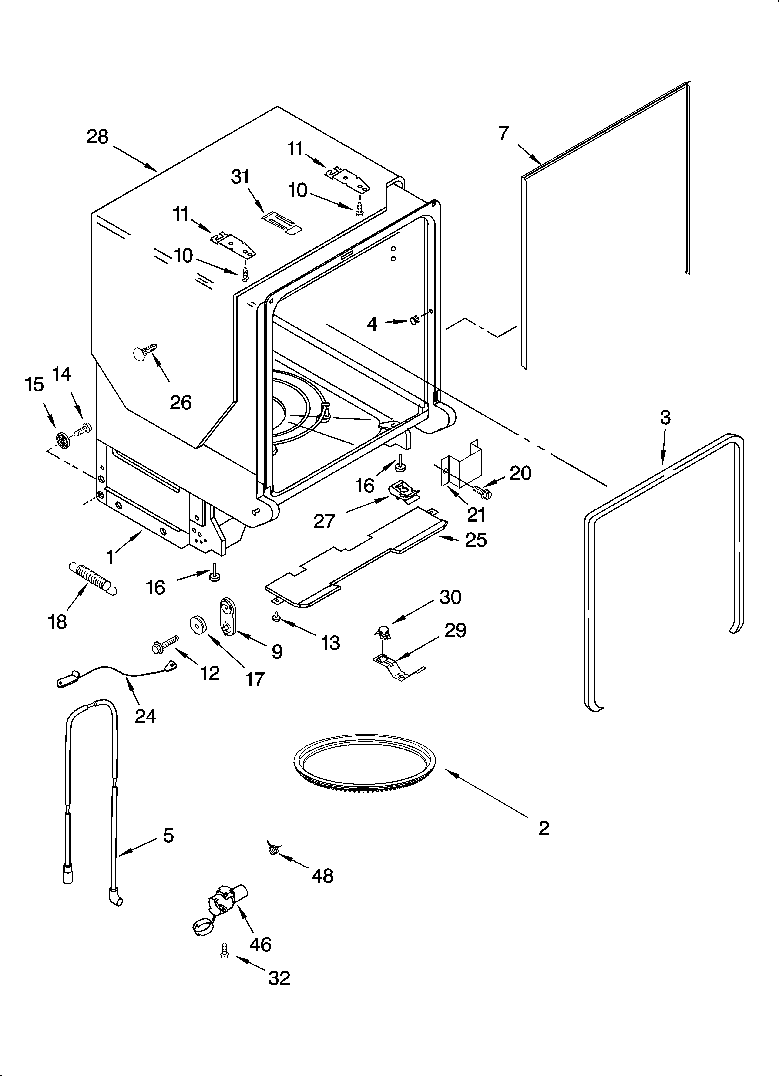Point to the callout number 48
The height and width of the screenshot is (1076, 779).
point(323,875)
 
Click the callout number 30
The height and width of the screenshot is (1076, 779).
point(450,597)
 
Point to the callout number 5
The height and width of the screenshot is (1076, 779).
point(168,835)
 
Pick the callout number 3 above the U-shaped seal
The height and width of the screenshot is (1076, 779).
point(665,418)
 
